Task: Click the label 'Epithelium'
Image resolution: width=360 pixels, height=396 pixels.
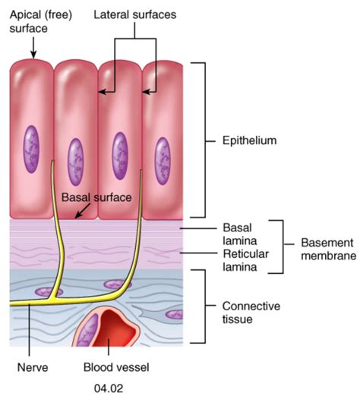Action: coord(249,140)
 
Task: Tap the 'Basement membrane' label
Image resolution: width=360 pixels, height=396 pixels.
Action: coord(329,249)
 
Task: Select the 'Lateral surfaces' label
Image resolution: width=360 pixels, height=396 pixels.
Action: coord(135,14)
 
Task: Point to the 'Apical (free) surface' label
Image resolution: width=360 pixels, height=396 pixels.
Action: coord(41,21)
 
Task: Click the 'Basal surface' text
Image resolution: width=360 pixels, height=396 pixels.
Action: coord(96,197)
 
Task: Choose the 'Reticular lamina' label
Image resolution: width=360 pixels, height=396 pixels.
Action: coord(245,260)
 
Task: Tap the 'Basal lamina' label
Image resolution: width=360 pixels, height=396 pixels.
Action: coord(239,234)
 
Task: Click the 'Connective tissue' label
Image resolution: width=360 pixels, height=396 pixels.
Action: coord(251,313)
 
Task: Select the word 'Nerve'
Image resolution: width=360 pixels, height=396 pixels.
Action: coord(33,367)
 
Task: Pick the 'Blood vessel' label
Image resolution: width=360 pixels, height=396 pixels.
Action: coord(116,367)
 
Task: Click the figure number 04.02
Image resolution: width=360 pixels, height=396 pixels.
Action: coord(109,388)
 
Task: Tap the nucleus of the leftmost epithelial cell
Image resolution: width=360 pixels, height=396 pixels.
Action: coord(31,149)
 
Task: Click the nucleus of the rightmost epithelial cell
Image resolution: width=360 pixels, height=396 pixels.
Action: coord(163,161)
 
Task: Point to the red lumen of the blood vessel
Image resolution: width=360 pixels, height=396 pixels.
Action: coord(116,328)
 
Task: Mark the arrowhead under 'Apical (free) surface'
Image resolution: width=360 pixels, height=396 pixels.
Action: coord(33,55)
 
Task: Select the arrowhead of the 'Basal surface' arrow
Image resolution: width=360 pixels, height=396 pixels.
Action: coord(77,215)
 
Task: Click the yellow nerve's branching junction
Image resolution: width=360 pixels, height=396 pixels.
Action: coord(52,298)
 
